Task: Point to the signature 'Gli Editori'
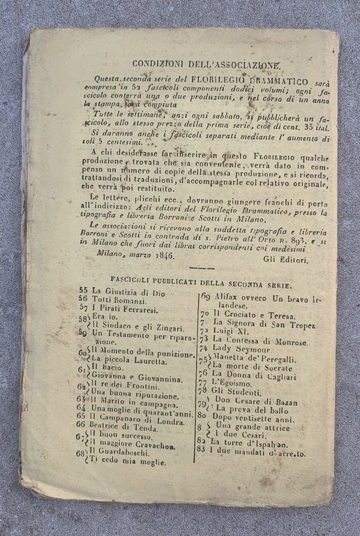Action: click(284, 259)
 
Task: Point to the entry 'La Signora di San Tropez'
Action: click(264, 326)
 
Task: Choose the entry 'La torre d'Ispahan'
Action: click(246, 442)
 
